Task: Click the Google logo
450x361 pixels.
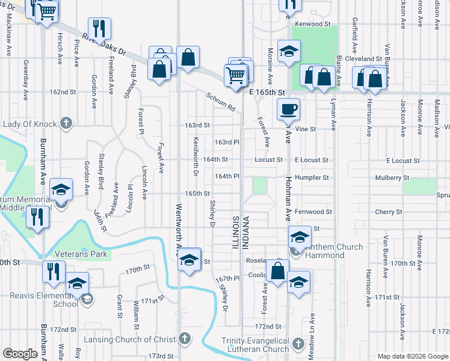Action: click(x=20, y=354)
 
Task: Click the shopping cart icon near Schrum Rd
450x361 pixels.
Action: click(x=235, y=75)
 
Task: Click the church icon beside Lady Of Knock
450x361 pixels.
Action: click(x=67, y=125)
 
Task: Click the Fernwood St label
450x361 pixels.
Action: click(x=313, y=212)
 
